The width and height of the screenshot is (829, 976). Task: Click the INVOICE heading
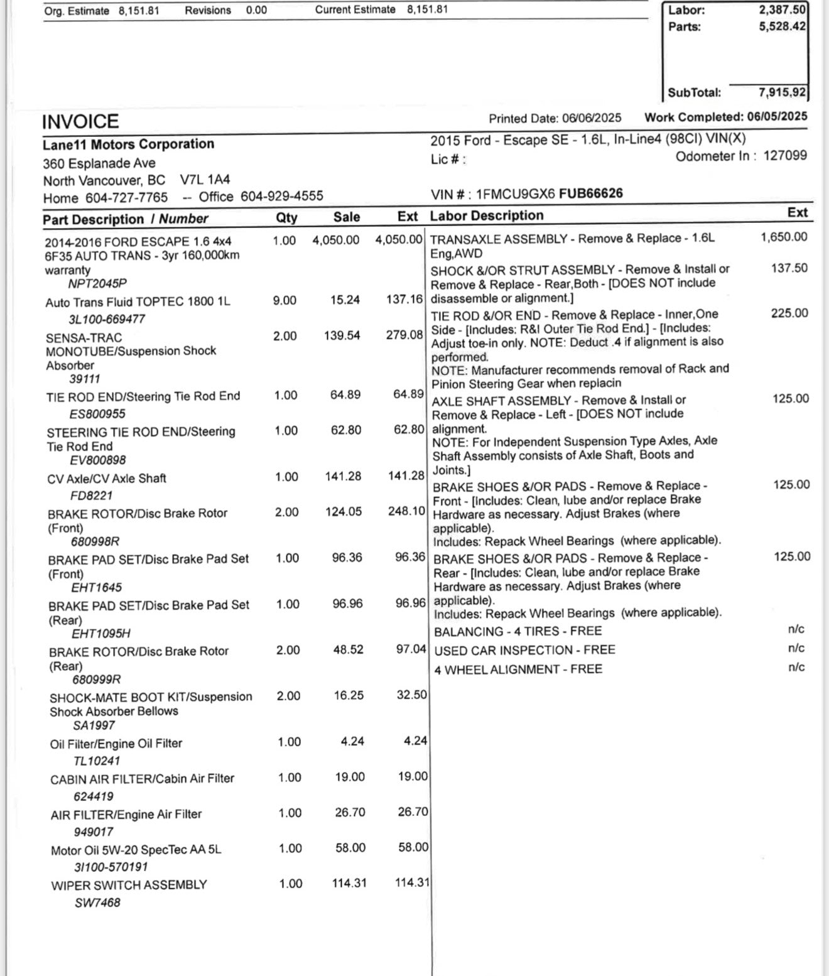[x=80, y=121]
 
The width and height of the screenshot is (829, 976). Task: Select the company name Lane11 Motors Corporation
[x=128, y=144]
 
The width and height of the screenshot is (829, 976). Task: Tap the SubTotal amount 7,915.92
[x=782, y=92]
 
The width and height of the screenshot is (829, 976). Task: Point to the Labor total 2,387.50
[x=782, y=10]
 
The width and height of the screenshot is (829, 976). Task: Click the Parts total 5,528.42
[x=782, y=26]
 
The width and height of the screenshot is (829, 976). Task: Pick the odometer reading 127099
[x=785, y=156]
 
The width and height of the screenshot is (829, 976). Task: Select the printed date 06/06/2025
[x=592, y=118]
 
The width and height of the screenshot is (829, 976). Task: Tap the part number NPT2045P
[x=97, y=284]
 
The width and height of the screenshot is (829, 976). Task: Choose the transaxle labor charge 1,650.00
[x=784, y=237]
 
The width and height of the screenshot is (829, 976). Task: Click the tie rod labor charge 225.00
[x=789, y=313]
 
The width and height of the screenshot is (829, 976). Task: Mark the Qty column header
[x=286, y=217]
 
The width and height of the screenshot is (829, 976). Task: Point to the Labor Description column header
[x=487, y=215]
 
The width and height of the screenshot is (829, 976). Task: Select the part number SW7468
[x=97, y=903]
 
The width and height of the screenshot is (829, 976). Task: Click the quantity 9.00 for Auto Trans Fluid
[x=284, y=301]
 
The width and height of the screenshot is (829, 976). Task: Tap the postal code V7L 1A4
[x=205, y=180]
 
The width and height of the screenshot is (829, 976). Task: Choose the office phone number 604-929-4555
[x=282, y=197]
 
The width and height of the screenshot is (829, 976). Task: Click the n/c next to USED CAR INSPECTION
[x=796, y=648]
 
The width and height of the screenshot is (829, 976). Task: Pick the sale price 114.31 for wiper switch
[x=349, y=883]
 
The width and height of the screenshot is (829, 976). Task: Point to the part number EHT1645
[x=96, y=588]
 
